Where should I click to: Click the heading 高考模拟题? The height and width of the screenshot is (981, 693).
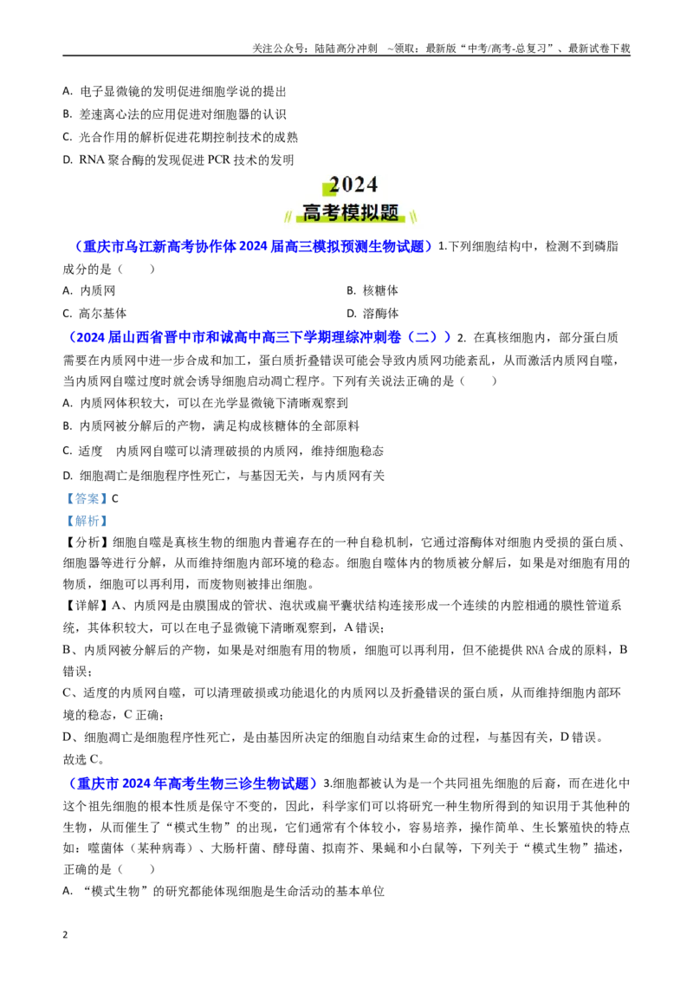[x=351, y=212]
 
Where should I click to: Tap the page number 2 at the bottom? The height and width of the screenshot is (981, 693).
[x=65, y=935]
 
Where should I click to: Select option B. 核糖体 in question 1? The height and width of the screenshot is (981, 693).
[x=372, y=290]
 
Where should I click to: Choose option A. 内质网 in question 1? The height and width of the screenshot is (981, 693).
[x=89, y=290]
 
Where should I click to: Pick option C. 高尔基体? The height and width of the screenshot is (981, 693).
[x=94, y=314]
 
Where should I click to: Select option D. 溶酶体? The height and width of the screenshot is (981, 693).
[x=372, y=314]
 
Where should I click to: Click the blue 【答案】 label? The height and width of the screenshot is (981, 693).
[x=87, y=498]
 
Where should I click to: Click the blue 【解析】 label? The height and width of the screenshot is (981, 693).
[x=87, y=521]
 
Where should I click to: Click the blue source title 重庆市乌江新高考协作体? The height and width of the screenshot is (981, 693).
[x=253, y=246]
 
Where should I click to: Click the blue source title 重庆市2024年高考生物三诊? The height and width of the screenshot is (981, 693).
[x=192, y=783]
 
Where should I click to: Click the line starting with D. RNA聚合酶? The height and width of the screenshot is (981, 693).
[x=178, y=160]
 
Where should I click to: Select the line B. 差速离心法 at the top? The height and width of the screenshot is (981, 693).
[x=174, y=114]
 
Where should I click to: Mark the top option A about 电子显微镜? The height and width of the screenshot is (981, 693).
[x=174, y=91]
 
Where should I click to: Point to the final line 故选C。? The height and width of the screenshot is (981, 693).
[x=84, y=759]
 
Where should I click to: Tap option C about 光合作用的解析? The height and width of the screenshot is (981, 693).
[x=180, y=137]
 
